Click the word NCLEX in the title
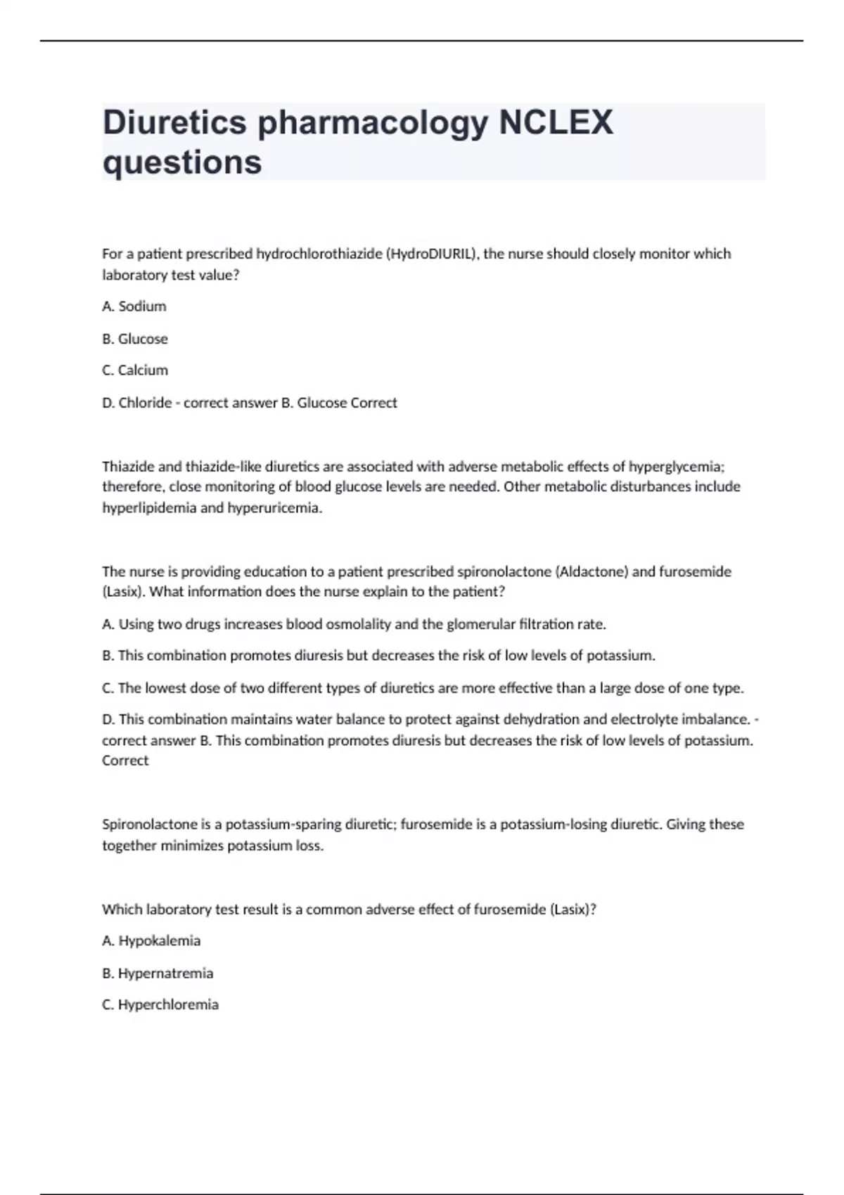[556, 123]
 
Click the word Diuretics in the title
[174, 123]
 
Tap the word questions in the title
[182, 162]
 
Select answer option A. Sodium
[134, 306]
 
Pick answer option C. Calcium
[135, 370]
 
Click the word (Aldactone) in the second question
[592, 571]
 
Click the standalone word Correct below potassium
[125, 761]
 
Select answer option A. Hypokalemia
[151, 941]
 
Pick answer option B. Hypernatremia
[158, 974]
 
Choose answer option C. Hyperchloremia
[160, 1005]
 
